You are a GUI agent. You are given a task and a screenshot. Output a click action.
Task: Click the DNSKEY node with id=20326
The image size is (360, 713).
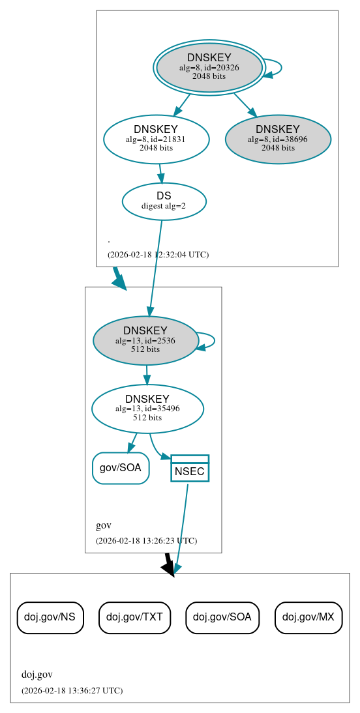(x=209, y=68)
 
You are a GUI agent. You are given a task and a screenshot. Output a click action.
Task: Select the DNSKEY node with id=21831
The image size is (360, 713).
(x=156, y=139)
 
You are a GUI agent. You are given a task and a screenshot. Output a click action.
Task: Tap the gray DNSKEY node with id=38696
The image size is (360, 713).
(x=278, y=139)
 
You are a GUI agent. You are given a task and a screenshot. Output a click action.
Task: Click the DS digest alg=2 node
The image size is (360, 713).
(x=164, y=201)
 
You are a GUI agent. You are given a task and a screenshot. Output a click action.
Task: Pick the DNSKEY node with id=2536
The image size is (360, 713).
(x=145, y=340)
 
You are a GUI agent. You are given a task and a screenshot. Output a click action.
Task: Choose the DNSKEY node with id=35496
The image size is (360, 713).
(x=147, y=409)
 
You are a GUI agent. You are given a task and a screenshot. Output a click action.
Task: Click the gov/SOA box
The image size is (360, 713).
(x=121, y=468)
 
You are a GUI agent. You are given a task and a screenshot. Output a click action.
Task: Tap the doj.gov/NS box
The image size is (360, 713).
(x=50, y=617)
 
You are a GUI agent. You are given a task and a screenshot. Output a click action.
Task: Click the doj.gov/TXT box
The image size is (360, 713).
(x=134, y=617)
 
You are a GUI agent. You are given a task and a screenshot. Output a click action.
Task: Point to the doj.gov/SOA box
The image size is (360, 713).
(x=222, y=617)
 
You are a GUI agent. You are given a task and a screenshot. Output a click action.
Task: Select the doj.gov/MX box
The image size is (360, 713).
(x=308, y=617)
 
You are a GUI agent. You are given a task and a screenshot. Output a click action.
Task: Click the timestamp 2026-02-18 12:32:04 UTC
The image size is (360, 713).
(x=158, y=254)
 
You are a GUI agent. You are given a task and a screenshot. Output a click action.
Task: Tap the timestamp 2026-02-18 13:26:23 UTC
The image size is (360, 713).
(x=146, y=540)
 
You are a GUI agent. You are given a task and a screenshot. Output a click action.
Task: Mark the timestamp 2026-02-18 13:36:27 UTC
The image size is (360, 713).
(x=72, y=690)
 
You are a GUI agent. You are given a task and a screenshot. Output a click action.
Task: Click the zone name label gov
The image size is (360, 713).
(x=103, y=525)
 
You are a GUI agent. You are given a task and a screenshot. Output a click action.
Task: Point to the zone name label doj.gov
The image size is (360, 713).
(x=37, y=675)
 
